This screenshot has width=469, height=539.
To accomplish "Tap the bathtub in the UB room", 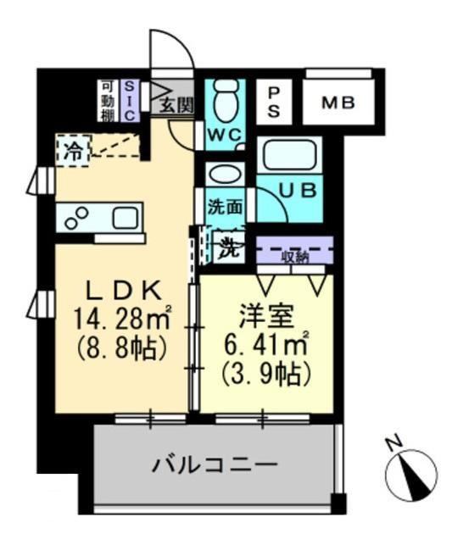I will point(289,157).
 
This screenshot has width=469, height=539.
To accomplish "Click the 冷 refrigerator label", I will point(74,153).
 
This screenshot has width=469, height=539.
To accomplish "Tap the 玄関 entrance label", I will point(177,106).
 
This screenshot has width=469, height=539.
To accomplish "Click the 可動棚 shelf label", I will point(109,100).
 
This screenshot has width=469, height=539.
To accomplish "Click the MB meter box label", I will point(338,104).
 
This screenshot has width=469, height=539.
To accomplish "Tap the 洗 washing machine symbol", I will point(227,248).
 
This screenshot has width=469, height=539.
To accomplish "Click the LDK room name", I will point(119,291).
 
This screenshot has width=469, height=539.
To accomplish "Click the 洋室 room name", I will point(266,316).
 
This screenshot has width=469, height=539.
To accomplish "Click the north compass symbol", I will point(410,474).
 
